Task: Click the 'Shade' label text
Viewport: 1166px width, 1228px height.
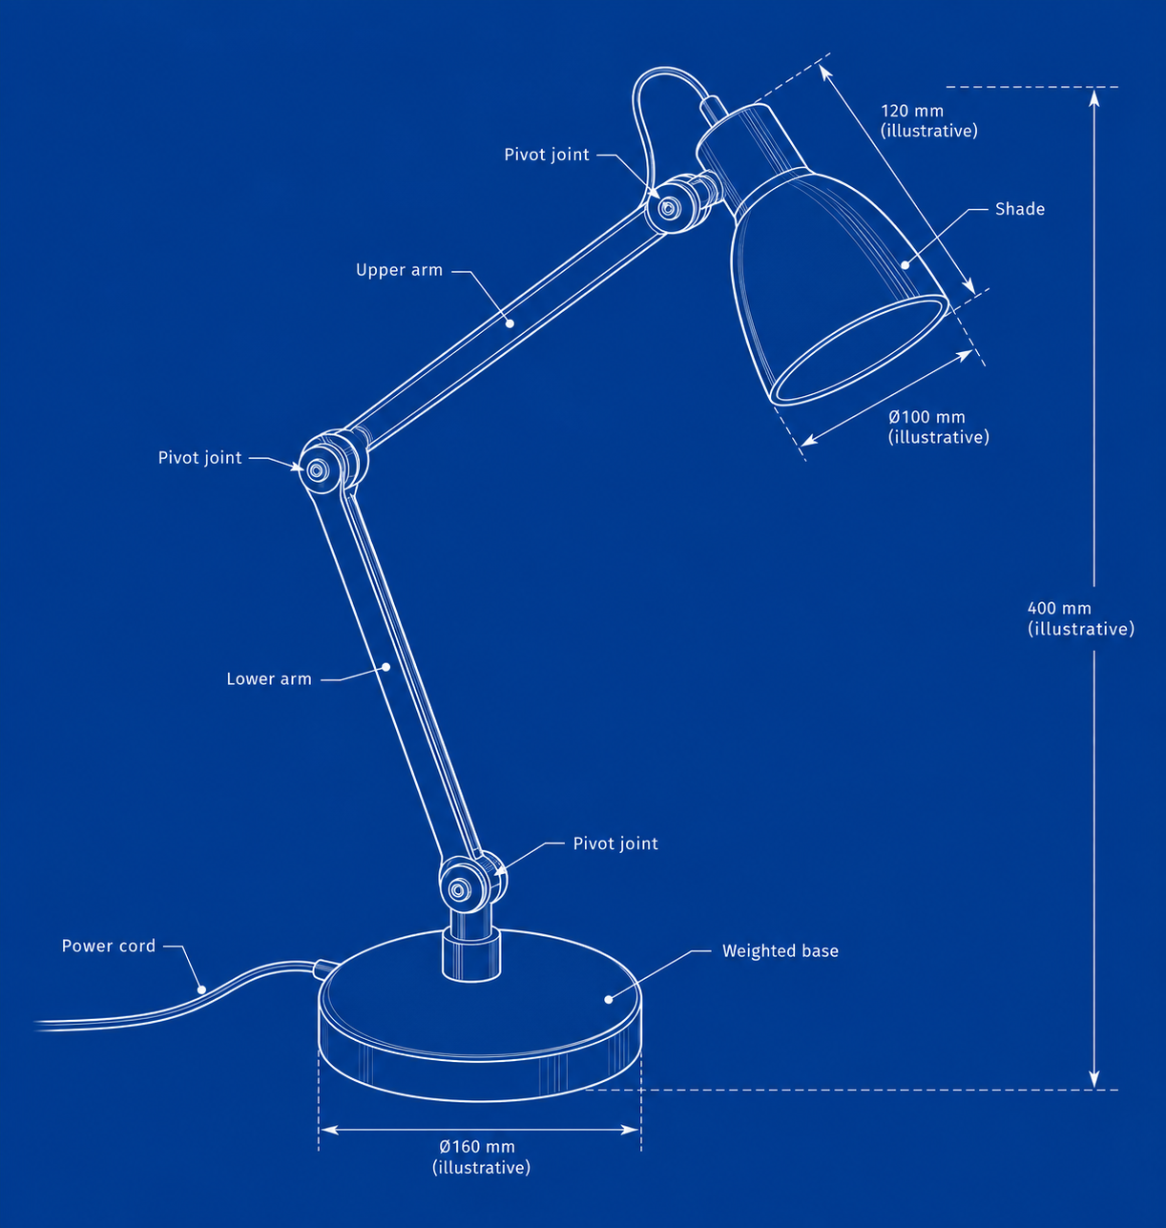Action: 1019,209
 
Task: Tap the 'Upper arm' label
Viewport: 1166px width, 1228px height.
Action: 399,270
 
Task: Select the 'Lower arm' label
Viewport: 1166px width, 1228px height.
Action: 269,679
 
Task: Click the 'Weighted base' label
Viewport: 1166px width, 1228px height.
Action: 780,950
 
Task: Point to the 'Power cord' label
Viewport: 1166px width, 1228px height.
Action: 108,946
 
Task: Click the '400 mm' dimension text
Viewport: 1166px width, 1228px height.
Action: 1059,608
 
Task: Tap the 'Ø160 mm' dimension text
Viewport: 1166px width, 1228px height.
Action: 477,1147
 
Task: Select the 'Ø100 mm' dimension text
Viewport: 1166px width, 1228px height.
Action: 927,417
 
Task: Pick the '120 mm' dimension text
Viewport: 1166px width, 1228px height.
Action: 911,111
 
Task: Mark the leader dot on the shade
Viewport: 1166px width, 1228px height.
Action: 905,265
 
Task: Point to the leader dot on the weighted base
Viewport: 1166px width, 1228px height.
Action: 608,999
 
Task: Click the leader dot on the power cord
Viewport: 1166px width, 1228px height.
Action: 201,989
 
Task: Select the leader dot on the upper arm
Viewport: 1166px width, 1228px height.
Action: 510,323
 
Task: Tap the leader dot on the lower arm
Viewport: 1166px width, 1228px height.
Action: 386,667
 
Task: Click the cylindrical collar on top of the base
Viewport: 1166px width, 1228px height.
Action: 471,954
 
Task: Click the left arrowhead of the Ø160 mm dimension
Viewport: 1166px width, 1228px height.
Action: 328,1130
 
